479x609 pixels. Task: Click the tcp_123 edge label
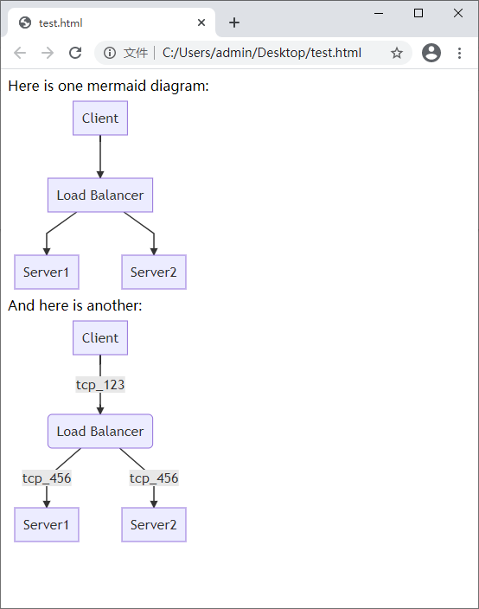(x=100, y=385)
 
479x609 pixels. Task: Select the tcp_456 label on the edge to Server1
(x=47, y=478)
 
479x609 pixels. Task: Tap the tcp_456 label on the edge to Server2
(x=154, y=478)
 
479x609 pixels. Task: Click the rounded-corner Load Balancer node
(x=100, y=431)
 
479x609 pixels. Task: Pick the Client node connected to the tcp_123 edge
(x=100, y=338)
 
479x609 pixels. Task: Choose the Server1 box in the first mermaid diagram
(x=47, y=272)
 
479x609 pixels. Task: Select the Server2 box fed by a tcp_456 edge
(x=154, y=525)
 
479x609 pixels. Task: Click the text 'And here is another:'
(x=75, y=305)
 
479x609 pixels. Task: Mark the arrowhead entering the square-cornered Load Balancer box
(x=100, y=175)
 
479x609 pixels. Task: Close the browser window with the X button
(x=458, y=13)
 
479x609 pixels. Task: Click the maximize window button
(x=418, y=13)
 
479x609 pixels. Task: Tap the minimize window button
(x=379, y=13)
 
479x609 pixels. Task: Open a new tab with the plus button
(x=234, y=22)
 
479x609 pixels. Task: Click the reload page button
(x=75, y=53)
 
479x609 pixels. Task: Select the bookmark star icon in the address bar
(x=397, y=53)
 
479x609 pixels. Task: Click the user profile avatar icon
(x=431, y=53)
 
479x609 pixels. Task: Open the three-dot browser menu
(x=460, y=53)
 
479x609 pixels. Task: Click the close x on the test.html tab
(x=201, y=22)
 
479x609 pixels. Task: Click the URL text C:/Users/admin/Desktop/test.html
(x=262, y=53)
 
